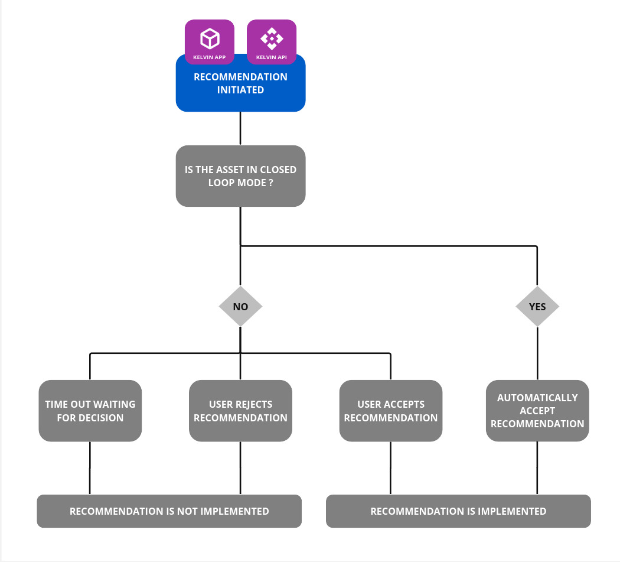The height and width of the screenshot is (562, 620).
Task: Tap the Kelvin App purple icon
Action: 210,42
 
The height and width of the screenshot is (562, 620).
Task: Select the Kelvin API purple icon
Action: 271,42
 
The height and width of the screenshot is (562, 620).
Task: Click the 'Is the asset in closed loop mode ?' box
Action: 240,176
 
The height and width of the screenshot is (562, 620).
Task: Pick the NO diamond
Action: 240,307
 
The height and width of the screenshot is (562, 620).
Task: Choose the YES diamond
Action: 537,307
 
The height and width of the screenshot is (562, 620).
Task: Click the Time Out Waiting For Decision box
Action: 90,411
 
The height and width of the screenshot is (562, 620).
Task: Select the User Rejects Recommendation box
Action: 240,411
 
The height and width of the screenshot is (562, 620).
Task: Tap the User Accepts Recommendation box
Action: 390,411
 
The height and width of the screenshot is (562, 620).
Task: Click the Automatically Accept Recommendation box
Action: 537,411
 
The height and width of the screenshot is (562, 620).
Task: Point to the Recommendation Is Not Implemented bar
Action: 169,511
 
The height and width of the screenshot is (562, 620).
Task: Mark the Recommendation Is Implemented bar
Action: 458,511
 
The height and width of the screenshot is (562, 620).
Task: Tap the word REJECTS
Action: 253,404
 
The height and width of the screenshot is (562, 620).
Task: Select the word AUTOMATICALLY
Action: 537,398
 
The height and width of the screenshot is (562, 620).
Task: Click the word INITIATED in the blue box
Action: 240,90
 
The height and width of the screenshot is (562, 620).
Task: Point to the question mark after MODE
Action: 270,183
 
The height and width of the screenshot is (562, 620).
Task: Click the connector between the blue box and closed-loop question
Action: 240,128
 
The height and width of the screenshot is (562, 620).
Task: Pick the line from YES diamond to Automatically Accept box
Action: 537,353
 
